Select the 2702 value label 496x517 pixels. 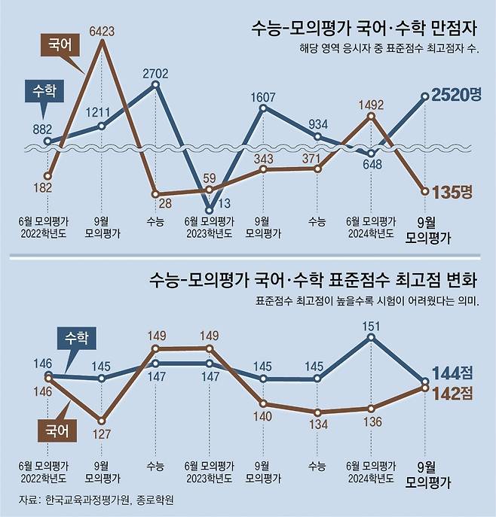click(155, 73)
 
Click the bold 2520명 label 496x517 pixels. click(457, 96)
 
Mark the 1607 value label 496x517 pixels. click(263, 96)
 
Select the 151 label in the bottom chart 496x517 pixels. click(371, 326)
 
